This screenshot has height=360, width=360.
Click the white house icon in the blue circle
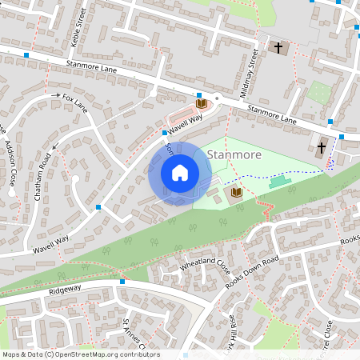click(180, 173)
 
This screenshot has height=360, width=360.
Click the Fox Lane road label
click(74, 100)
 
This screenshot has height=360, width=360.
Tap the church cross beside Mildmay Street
click(278, 48)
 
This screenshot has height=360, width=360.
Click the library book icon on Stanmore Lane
click(201, 103)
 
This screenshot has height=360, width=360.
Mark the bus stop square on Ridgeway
click(122, 281)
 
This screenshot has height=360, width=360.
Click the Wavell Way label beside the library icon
click(185, 121)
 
